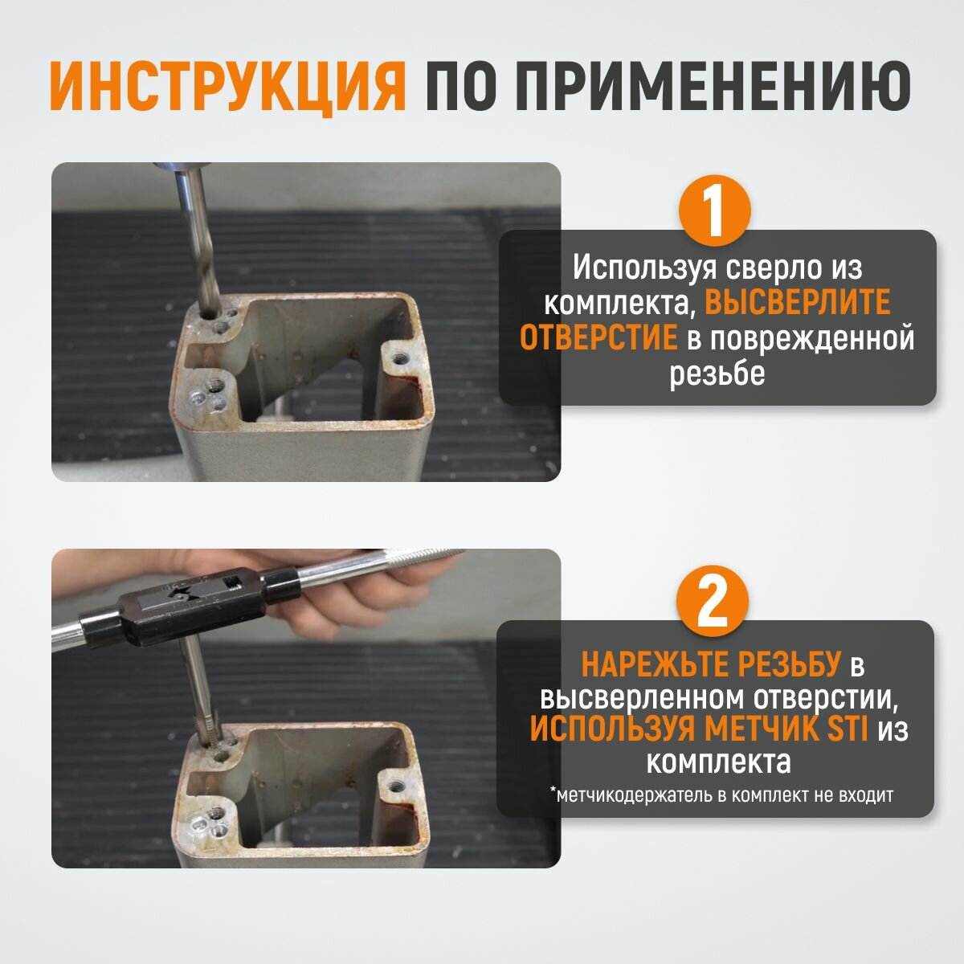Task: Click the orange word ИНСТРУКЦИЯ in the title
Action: (x=227, y=87)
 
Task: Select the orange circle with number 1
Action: (x=714, y=210)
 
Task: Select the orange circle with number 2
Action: (x=712, y=601)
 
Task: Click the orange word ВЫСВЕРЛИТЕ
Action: (x=798, y=302)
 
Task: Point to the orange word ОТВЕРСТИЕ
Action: (x=598, y=337)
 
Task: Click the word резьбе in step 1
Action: (x=717, y=374)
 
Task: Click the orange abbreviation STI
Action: (x=848, y=729)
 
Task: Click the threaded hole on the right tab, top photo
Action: (x=398, y=357)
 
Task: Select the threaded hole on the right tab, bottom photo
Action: (x=396, y=786)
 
